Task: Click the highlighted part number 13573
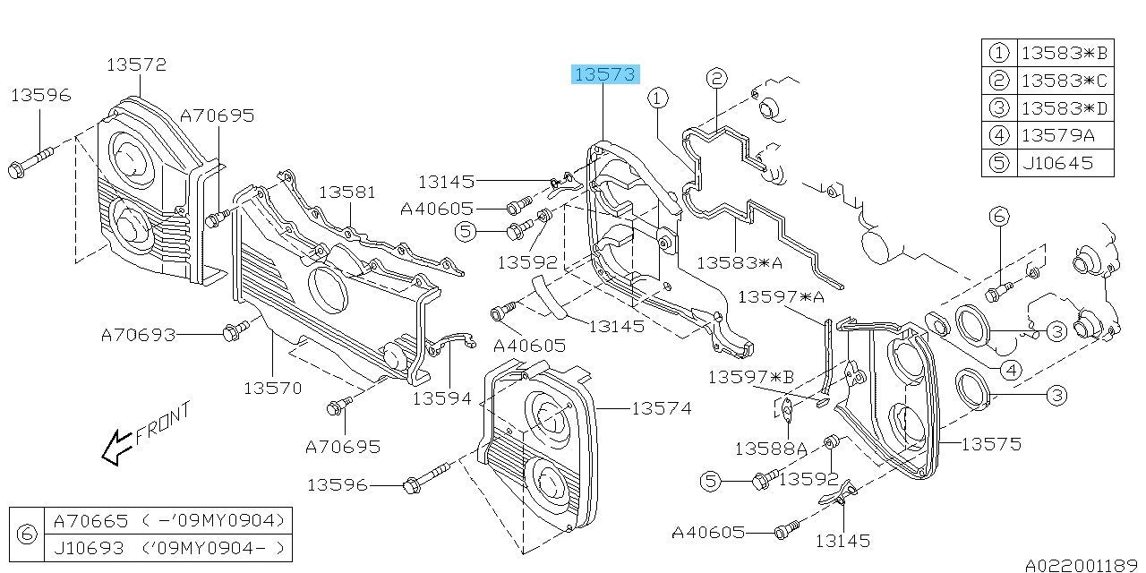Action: pos(605,74)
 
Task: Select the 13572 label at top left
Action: pos(136,64)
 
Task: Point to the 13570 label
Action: pos(272,388)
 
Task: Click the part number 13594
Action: pos(441,398)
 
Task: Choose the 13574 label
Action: pos(661,408)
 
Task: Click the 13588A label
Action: pos(772,447)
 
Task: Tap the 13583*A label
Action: pos(740,263)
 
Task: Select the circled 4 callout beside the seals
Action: pos(1012,369)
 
